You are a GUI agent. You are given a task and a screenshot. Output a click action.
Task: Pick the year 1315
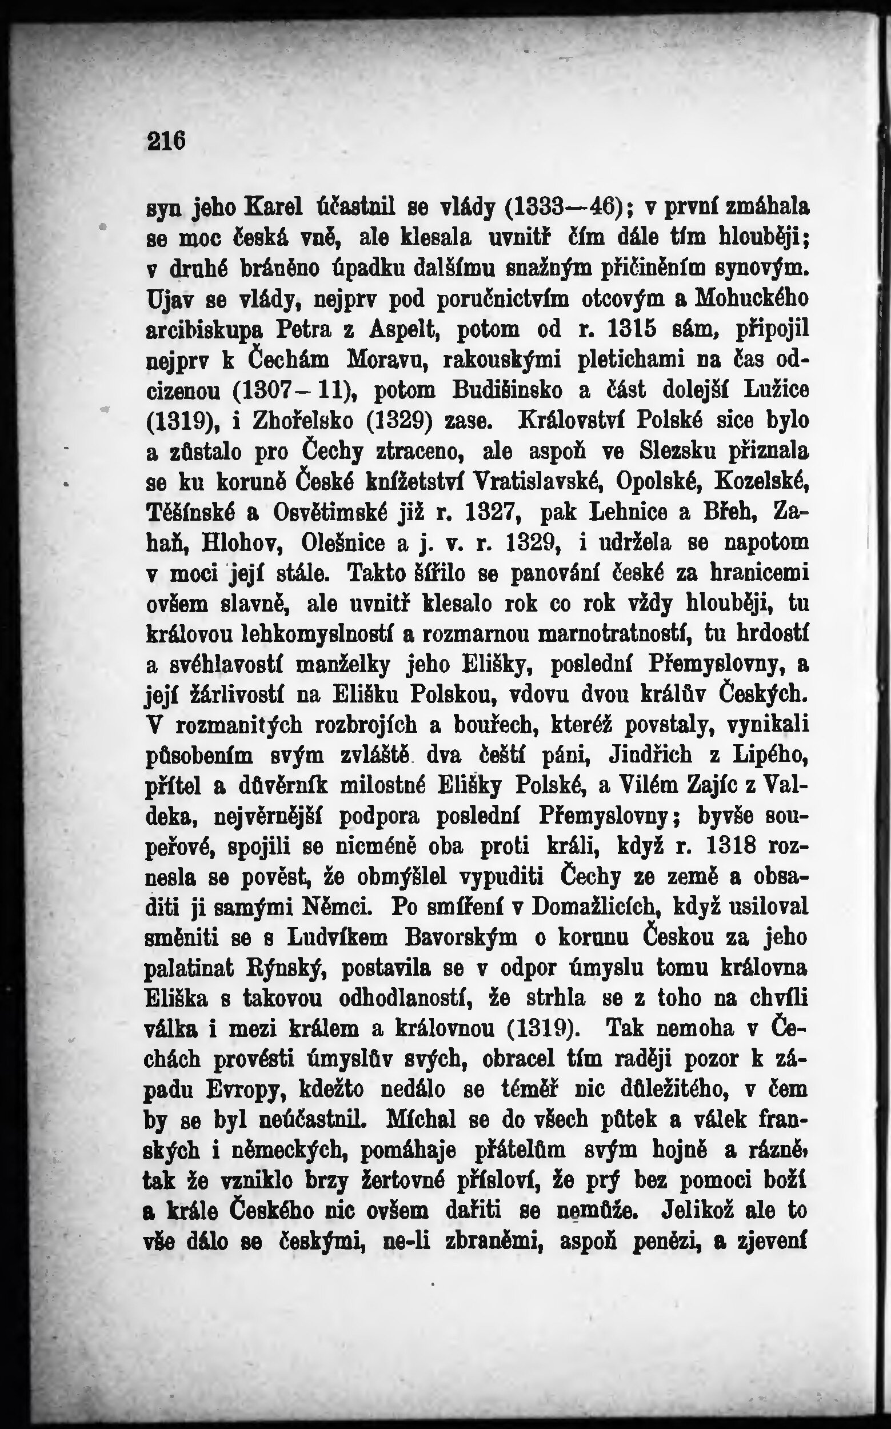tap(633, 328)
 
